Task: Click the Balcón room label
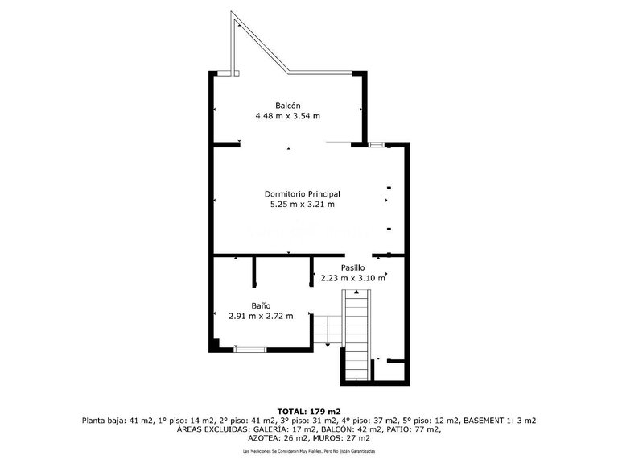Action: pos(288,106)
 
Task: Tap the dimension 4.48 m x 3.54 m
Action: pos(288,116)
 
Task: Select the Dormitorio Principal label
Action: pos(303,194)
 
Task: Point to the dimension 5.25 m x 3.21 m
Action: pos(303,205)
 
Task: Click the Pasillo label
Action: pos(352,267)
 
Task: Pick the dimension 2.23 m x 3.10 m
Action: pos(352,278)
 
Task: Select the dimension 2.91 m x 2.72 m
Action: pos(260,316)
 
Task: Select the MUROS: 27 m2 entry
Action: pos(341,438)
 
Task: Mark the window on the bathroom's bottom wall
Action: pos(249,349)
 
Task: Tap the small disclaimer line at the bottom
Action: pos(309,452)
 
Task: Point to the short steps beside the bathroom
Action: pos(326,329)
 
